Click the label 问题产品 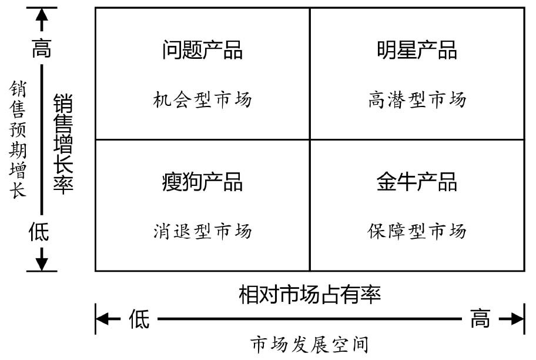pyautogui.click(x=202, y=50)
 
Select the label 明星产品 pyautogui.click(x=417, y=50)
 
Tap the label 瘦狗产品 pyautogui.click(x=202, y=182)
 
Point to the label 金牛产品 pyautogui.click(x=417, y=182)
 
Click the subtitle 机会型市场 pyautogui.click(x=202, y=99)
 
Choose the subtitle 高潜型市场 pyautogui.click(x=417, y=99)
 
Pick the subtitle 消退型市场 pyautogui.click(x=202, y=231)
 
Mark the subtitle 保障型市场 pyautogui.click(x=417, y=231)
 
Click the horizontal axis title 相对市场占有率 pyautogui.click(x=310, y=294)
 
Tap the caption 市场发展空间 pyautogui.click(x=310, y=344)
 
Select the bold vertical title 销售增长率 pyautogui.click(x=63, y=144)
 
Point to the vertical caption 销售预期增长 pyautogui.click(x=18, y=139)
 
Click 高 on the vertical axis pyautogui.click(x=42, y=48)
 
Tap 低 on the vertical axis pyautogui.click(x=39, y=231)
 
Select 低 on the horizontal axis pyautogui.click(x=139, y=319)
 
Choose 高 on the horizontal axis pyautogui.click(x=480, y=318)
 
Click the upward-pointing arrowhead pyautogui.click(x=42, y=15)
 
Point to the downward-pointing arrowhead pyautogui.click(x=42, y=264)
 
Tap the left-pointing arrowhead pyautogui.click(x=102, y=319)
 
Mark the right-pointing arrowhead pyautogui.click(x=517, y=319)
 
